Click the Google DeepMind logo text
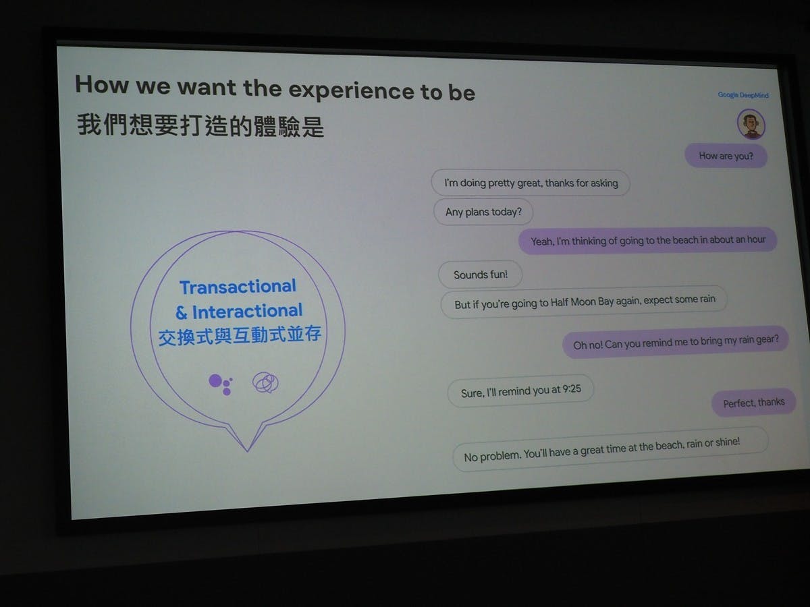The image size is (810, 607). pos(743,95)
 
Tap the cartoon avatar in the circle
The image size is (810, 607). pos(751,124)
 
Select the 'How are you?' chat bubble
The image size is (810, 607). pos(726,156)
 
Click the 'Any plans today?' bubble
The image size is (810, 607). pos(483,212)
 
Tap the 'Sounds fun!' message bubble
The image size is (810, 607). pos(481,274)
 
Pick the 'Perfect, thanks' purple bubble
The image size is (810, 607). pos(753,403)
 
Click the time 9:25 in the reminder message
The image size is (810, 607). pos(572,389)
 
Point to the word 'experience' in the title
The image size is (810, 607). pos(351,90)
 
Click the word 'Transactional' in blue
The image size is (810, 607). pos(238,287)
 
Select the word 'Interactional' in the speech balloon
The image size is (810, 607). pos(247,312)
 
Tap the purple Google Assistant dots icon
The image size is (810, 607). pos(221,384)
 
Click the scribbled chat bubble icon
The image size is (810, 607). pos(265,382)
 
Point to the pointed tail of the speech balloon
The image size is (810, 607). pos(248,451)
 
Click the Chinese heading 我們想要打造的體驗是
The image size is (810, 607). pos(200,125)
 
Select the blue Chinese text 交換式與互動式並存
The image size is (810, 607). pos(240,335)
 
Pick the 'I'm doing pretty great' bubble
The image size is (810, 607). pos(531,183)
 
